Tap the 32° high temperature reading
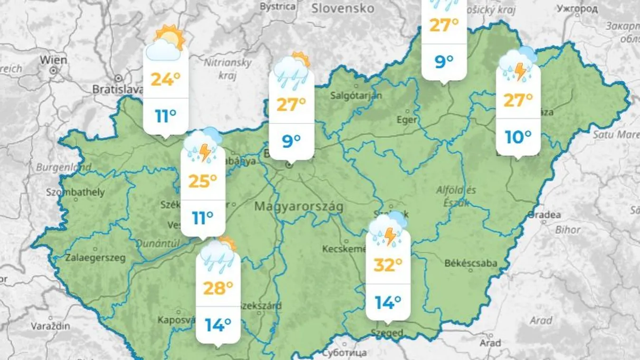click(388, 265)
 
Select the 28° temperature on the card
click(218, 287)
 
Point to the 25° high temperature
click(202, 180)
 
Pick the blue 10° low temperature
click(517, 137)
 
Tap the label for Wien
click(53, 60)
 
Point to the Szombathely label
click(76, 192)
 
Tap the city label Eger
click(406, 120)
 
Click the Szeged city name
click(388, 333)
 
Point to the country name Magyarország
click(299, 207)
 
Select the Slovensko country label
click(343, 9)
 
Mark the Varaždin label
click(51, 326)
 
